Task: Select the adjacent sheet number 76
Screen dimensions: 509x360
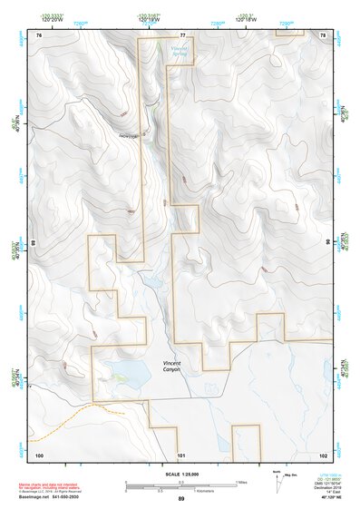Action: pos(39,34)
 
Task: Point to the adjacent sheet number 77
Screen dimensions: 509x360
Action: pos(182,34)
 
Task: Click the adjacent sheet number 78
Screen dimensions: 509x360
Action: pos(323,34)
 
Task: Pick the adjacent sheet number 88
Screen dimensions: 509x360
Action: pos(33,243)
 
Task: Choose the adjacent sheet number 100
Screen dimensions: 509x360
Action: pos(39,454)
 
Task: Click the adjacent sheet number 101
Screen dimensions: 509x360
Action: pos(181,454)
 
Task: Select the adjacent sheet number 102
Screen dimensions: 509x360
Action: pos(323,454)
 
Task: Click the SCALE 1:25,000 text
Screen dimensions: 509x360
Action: pos(179,475)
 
